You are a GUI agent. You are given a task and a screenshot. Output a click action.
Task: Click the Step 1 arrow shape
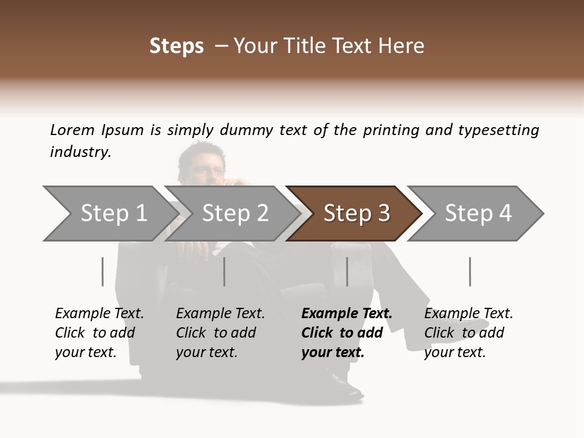(109, 214)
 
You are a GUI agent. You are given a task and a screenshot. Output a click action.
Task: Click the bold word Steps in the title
(176, 46)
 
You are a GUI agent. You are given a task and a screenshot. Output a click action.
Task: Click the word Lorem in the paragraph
(72, 130)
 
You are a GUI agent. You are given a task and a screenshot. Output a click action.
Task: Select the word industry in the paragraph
(80, 152)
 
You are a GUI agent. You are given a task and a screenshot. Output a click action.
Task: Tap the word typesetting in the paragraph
(498, 130)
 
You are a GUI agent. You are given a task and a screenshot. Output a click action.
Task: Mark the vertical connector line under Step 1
(102, 271)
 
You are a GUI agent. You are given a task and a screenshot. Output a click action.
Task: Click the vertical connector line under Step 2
(224, 271)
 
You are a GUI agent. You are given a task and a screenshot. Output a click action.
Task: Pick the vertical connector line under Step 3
(347, 271)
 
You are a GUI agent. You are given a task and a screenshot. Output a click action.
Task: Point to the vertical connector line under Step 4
(470, 271)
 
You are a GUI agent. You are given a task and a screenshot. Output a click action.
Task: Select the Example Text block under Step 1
(99, 333)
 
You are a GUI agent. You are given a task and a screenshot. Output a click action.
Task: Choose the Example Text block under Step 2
(220, 333)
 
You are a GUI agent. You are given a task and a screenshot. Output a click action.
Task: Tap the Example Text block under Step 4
(468, 333)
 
